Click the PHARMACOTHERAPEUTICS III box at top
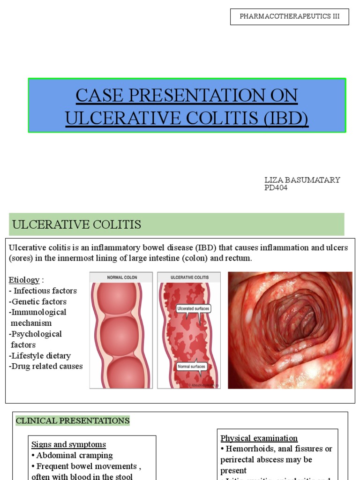289,16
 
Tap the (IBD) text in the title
285,118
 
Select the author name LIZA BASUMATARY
302,180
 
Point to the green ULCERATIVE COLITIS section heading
77,225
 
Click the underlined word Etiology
24,280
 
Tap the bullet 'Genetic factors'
39,301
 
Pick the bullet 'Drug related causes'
47,366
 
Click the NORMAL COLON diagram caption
122,277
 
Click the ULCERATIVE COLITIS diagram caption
189,277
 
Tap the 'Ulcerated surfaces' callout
193,308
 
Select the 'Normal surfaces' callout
192,366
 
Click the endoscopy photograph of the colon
290,330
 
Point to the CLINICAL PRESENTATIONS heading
73,420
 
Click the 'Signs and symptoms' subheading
68,444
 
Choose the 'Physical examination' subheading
259,438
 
